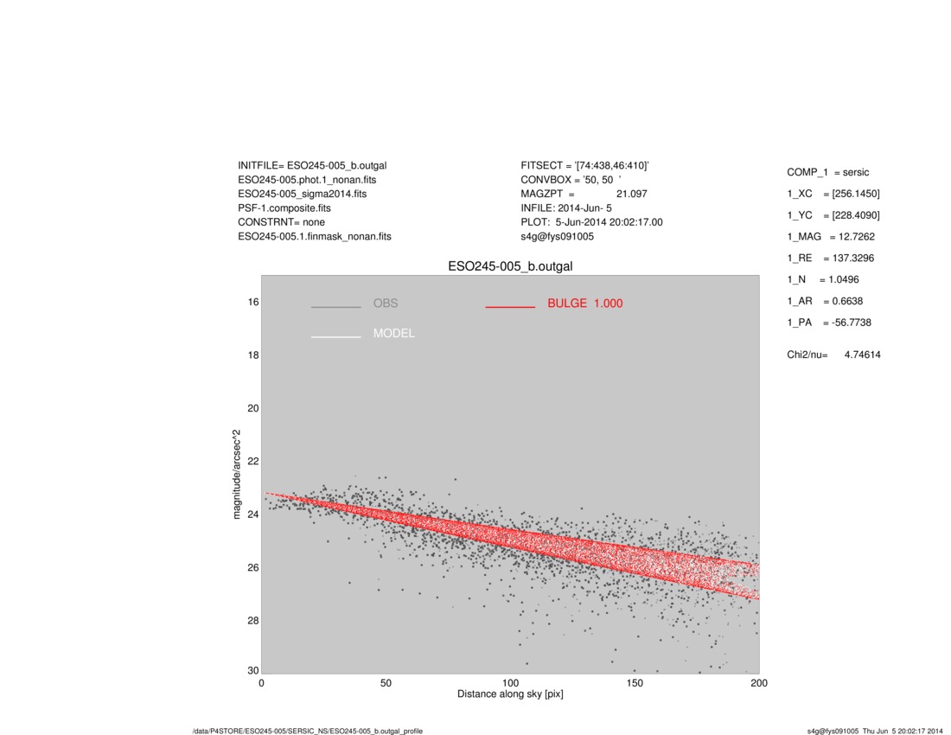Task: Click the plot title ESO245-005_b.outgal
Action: point(510,266)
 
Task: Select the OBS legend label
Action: point(386,304)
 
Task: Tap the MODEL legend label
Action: point(393,334)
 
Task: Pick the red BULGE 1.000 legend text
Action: point(584,304)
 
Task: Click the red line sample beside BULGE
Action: point(510,306)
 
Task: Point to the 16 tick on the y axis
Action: point(253,302)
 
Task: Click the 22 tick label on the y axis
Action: point(253,461)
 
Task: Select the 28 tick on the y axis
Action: point(253,620)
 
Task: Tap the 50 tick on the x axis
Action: point(386,683)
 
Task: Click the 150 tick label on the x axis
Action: point(635,683)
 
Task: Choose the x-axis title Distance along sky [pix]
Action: point(510,694)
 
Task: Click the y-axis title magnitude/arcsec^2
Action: point(237,473)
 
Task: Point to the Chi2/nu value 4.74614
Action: point(862,355)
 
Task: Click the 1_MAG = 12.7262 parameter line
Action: point(830,236)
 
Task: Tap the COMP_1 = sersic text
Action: point(827,173)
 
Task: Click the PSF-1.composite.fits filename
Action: point(284,208)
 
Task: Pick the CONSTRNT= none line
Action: point(281,222)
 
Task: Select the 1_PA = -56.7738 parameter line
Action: point(828,323)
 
